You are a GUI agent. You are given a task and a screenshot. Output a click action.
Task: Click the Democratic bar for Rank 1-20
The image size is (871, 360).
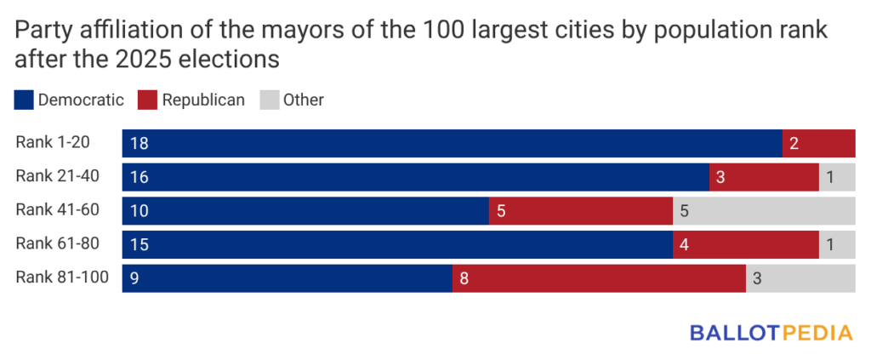click(x=452, y=143)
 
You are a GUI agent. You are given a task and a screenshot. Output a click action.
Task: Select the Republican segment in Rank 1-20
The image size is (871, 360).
click(x=818, y=143)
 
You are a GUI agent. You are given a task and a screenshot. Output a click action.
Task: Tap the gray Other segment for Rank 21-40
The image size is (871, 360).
click(x=836, y=177)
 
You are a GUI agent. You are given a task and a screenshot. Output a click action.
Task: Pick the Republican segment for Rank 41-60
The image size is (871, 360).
click(x=580, y=211)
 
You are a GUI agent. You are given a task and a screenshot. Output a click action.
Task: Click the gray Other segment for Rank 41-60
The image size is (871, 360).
click(x=763, y=211)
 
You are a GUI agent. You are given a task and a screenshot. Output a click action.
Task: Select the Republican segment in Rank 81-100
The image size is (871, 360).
click(x=599, y=278)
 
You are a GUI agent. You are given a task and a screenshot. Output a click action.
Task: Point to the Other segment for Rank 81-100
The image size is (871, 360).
click(x=800, y=278)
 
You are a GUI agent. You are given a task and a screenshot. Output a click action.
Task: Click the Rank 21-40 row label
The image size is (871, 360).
click(x=57, y=176)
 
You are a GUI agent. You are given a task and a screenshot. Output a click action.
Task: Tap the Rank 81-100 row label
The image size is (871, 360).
click(x=61, y=277)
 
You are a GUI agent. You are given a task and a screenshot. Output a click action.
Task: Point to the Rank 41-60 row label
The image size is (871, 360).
click(x=57, y=210)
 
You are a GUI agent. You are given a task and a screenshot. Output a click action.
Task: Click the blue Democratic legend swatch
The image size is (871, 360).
click(x=24, y=100)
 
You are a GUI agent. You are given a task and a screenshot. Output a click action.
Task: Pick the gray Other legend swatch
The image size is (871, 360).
click(x=268, y=100)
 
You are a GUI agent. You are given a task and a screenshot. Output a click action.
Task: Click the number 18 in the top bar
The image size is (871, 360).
click(x=139, y=143)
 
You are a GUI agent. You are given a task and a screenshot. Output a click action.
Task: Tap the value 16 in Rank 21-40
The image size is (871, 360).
click(x=139, y=177)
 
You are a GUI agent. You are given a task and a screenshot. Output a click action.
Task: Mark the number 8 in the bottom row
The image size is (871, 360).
click(x=464, y=278)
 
